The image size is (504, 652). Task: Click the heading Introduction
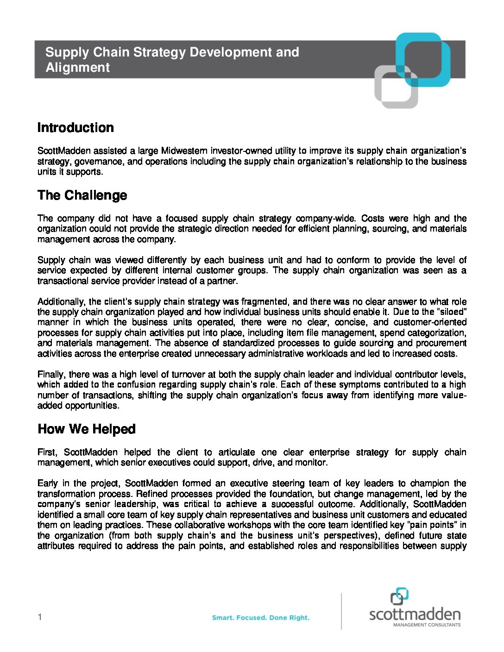point(76,128)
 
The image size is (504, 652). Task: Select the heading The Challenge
point(82,195)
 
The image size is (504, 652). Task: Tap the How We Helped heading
point(86,429)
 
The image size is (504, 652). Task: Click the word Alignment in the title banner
point(77,68)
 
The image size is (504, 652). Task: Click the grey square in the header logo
point(396,87)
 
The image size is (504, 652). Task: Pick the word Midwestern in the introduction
point(184,151)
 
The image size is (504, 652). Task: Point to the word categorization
point(437,333)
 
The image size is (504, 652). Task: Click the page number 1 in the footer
point(40,617)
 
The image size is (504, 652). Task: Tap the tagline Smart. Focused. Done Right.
point(260,618)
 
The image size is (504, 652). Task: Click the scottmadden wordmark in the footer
point(415,614)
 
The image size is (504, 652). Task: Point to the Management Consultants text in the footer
point(427,625)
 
